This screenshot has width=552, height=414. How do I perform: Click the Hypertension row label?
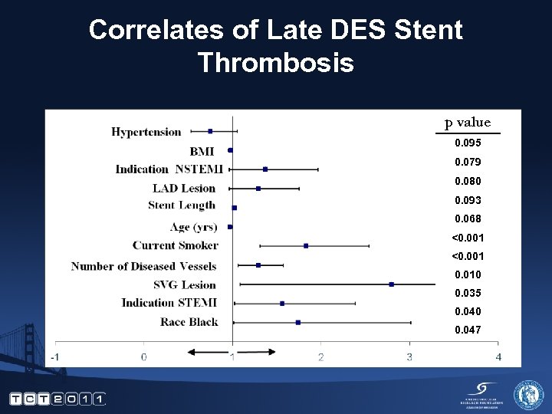click(146, 132)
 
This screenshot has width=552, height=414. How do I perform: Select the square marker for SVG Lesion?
click(392, 284)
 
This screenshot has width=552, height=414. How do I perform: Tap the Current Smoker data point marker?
click(306, 246)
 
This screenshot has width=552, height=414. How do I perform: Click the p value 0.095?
click(468, 143)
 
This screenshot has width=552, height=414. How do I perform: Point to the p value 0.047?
click(468, 330)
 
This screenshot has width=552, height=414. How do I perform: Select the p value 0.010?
click(468, 274)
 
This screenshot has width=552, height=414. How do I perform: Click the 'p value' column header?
click(468, 123)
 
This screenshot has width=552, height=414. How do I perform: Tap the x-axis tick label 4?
click(498, 357)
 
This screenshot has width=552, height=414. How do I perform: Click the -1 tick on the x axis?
click(56, 357)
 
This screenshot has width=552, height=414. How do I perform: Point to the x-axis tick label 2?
click(321, 357)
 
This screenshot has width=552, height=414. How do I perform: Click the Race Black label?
click(189, 322)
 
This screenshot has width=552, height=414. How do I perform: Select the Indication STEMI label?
click(169, 303)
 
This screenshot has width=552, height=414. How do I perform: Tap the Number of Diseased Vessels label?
click(144, 266)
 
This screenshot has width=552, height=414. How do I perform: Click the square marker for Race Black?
click(298, 322)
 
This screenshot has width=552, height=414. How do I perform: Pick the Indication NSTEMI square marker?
click(265, 169)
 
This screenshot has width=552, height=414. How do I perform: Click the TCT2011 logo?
click(58, 399)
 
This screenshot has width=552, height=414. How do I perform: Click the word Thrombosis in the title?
click(275, 62)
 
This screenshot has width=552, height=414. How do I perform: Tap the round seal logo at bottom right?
click(528, 395)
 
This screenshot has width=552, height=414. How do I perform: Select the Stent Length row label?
click(182, 205)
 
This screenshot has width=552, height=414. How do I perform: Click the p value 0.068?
click(468, 219)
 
